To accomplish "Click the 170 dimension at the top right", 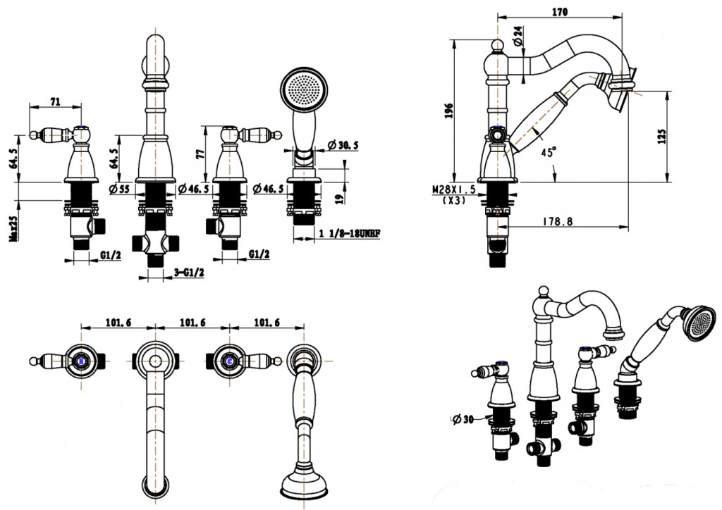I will (x=561, y=11).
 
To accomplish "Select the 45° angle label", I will (x=547, y=151).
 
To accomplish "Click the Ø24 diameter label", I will (x=520, y=37).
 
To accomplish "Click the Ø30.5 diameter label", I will (x=343, y=145).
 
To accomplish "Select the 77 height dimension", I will (x=201, y=153).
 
